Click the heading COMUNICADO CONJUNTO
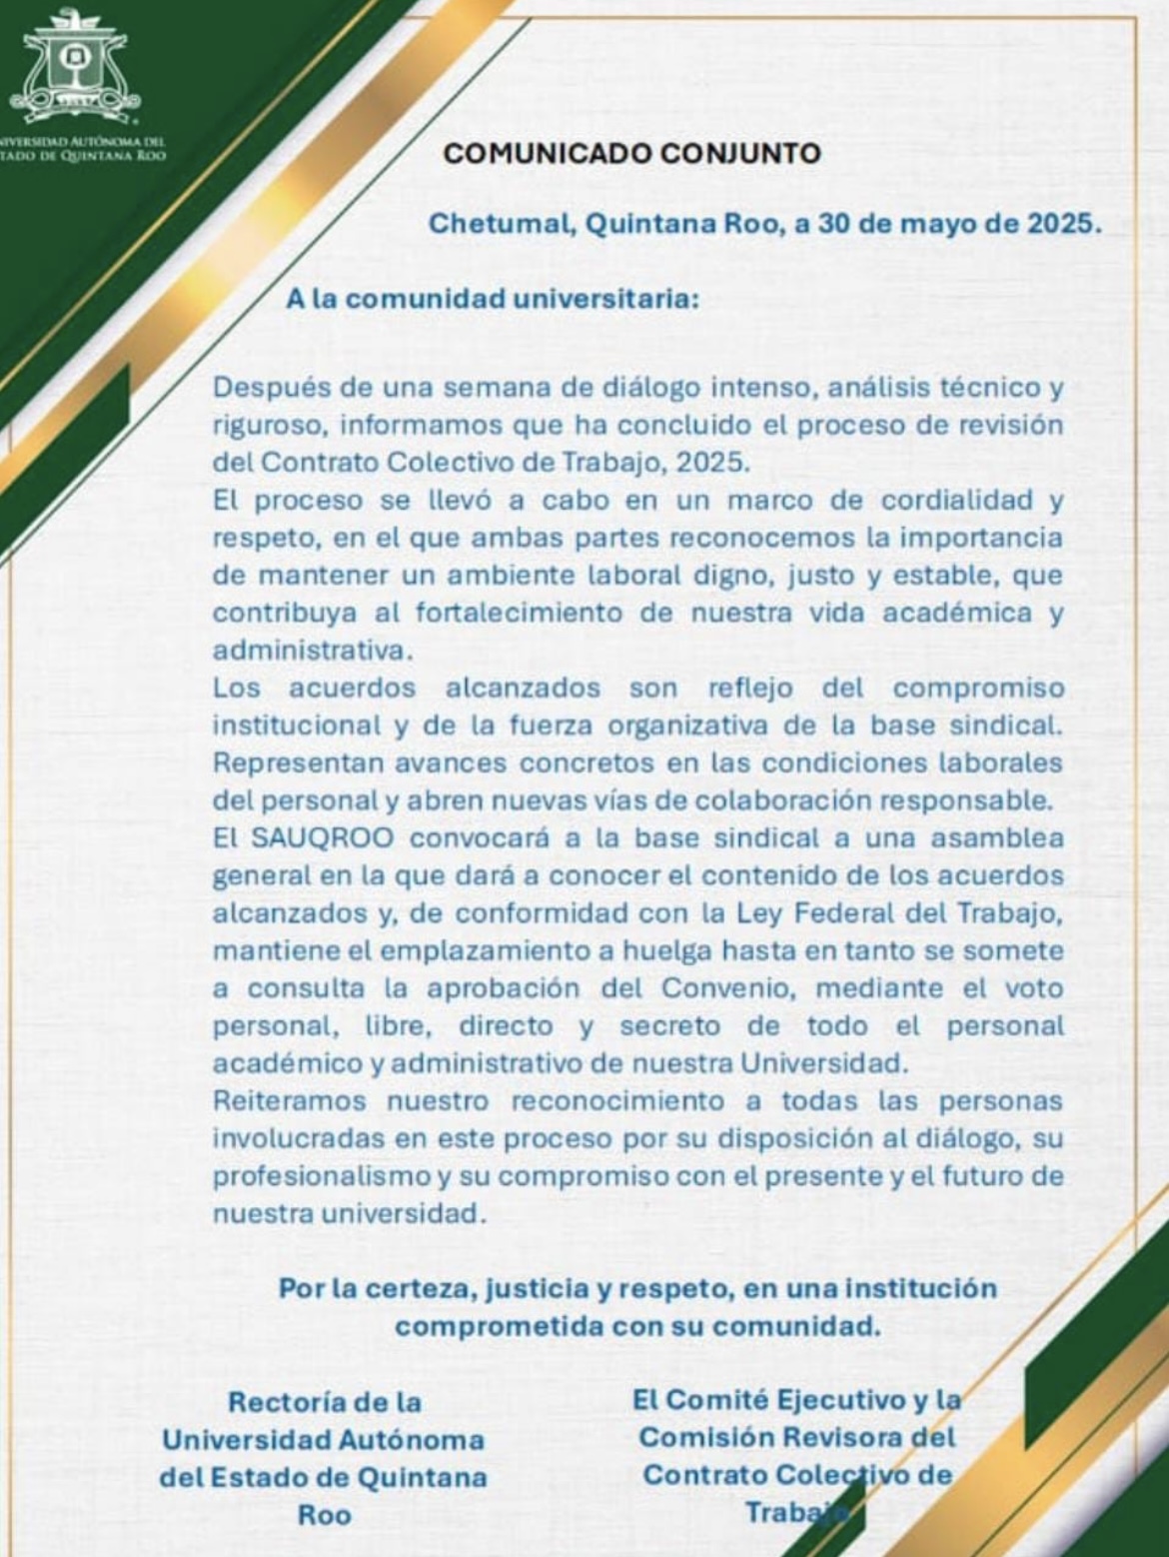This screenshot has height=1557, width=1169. click(631, 153)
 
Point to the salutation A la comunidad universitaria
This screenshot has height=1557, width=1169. click(492, 299)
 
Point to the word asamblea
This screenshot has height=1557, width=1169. click(997, 837)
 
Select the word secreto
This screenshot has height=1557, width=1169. click(669, 1025)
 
